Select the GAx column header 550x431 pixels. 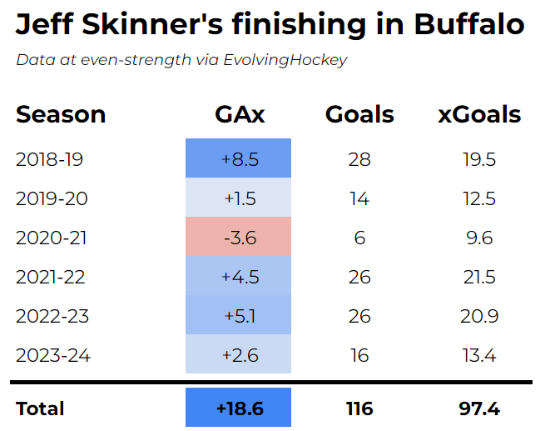(x=238, y=114)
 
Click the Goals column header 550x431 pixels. (x=359, y=114)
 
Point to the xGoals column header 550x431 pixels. (x=479, y=114)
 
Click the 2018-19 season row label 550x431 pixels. (x=50, y=158)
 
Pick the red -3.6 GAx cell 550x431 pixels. (x=238, y=238)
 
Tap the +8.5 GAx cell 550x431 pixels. (x=238, y=158)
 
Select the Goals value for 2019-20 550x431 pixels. (x=359, y=198)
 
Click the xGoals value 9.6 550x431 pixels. (x=479, y=238)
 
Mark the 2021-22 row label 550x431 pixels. (x=51, y=277)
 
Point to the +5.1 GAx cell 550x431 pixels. (x=238, y=316)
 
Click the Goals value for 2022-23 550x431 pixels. (x=359, y=316)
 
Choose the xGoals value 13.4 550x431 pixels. (x=479, y=356)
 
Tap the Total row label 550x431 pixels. (x=40, y=408)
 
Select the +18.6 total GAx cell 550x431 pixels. (x=238, y=408)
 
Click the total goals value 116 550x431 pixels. (x=359, y=408)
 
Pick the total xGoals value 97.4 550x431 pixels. (x=479, y=408)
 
